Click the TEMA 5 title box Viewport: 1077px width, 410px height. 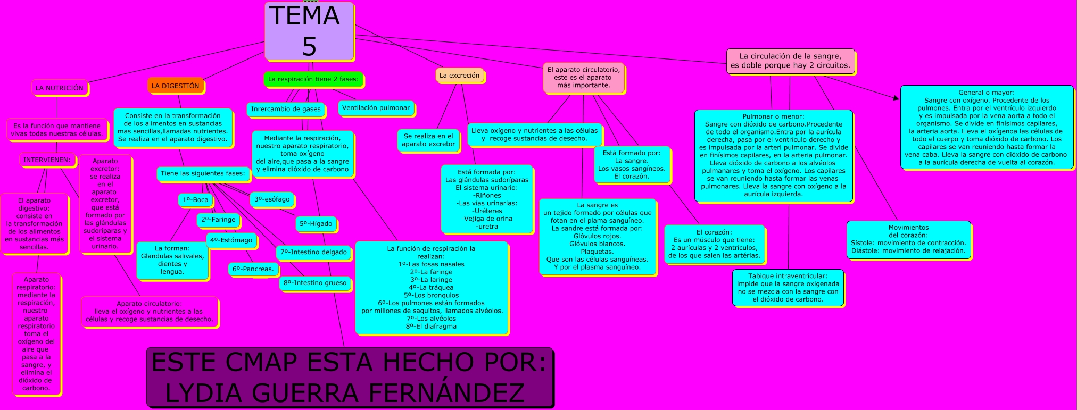click(x=309, y=31)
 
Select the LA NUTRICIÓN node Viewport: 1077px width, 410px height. click(x=60, y=88)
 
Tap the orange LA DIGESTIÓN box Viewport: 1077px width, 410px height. click(x=176, y=86)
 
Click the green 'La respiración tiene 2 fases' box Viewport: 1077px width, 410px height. click(x=313, y=79)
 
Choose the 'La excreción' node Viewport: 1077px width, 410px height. click(x=459, y=76)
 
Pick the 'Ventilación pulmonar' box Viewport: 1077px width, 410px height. click(x=376, y=108)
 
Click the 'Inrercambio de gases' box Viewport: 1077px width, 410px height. click(x=286, y=110)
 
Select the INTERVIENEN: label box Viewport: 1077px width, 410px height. click(x=47, y=160)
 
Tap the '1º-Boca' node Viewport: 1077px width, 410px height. click(x=195, y=200)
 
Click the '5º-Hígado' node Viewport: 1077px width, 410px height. click(x=316, y=224)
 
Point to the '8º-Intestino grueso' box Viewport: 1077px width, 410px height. click(x=314, y=283)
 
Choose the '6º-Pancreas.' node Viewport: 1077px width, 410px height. click(x=253, y=269)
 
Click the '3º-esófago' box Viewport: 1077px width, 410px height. click(x=272, y=199)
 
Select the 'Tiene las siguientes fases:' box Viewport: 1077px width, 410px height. click(x=203, y=173)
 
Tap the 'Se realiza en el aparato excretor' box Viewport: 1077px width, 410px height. click(x=428, y=140)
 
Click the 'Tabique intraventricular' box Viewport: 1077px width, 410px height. click(x=788, y=288)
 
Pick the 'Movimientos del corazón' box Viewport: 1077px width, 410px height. click(x=908, y=239)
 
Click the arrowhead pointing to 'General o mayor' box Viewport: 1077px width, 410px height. click(x=896, y=98)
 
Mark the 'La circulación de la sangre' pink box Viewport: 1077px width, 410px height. click(x=790, y=61)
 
